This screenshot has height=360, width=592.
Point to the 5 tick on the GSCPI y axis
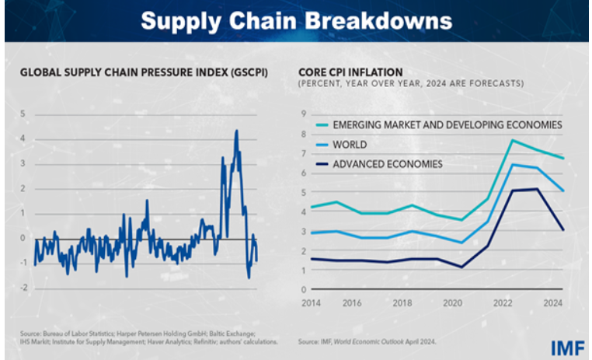(x=23, y=114)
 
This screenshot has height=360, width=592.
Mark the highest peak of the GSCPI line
(x=236, y=131)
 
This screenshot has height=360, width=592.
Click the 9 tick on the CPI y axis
(x=302, y=114)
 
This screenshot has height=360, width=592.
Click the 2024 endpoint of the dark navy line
(x=563, y=229)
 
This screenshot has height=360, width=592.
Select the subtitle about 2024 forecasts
(x=412, y=83)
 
